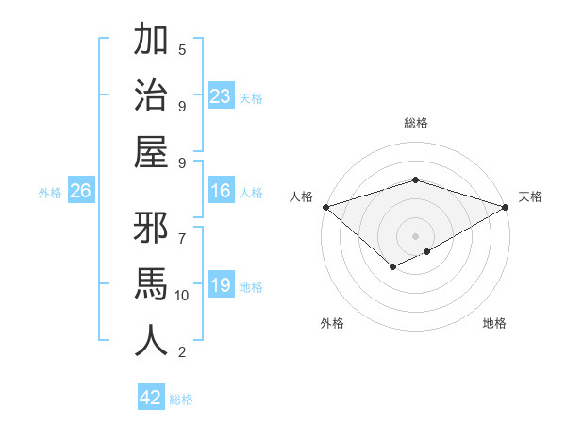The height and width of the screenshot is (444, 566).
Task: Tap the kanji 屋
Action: tap(151, 151)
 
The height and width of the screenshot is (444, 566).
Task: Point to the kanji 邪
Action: tap(151, 230)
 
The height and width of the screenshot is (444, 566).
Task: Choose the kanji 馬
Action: tap(151, 284)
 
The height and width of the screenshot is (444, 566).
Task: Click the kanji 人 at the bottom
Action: tap(151, 340)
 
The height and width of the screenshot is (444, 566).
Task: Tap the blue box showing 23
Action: tap(221, 95)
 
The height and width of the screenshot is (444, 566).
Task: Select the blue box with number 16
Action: tap(221, 192)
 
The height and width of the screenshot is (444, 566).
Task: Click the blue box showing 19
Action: tap(221, 285)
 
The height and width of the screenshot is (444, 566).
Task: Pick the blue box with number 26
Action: tap(81, 192)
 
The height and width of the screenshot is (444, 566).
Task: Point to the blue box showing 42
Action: tap(151, 398)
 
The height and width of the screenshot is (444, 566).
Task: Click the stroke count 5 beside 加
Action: tap(182, 49)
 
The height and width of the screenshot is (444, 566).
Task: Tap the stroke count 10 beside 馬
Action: tap(182, 296)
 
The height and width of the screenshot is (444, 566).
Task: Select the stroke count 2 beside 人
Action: tap(182, 353)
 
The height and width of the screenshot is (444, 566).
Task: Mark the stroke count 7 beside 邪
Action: tap(182, 230)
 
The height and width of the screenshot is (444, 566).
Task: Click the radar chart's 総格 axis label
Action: tap(415, 123)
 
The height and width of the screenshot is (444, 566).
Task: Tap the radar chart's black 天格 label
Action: tap(530, 196)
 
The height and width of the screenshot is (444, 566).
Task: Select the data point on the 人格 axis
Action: tap(325, 207)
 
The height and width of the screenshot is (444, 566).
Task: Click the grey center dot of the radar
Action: tap(415, 235)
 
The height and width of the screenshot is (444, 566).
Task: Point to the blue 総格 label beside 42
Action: tap(181, 400)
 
